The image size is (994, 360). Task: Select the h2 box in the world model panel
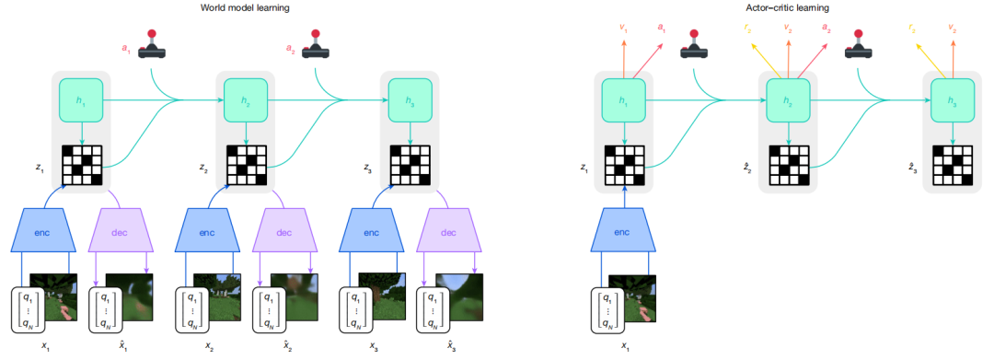tap(246, 100)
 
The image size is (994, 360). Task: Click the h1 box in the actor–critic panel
tap(626, 101)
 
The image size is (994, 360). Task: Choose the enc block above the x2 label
tap(207, 233)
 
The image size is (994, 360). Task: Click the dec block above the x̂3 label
tap(449, 233)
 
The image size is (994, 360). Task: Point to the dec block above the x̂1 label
tap(120, 233)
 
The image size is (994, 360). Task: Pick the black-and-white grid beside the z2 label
tap(246, 166)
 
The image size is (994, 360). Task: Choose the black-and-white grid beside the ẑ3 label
tap(953, 166)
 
